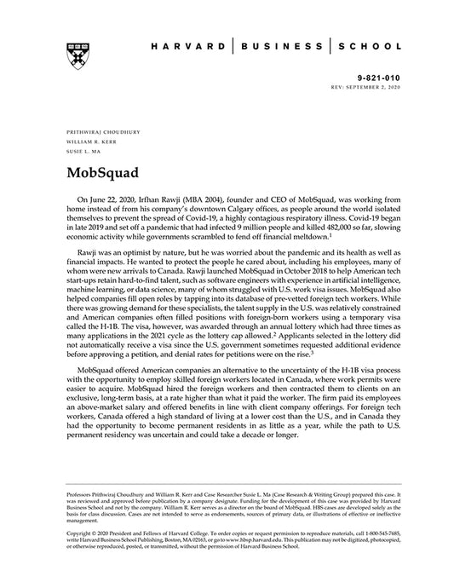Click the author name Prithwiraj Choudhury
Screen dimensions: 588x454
click(x=96, y=135)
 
